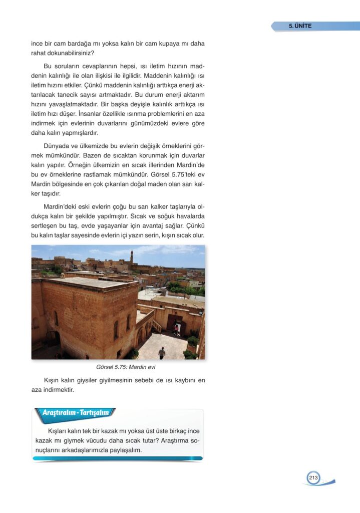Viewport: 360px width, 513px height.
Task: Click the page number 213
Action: click(x=313, y=478)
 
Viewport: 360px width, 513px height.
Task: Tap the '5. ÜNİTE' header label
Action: click(x=300, y=26)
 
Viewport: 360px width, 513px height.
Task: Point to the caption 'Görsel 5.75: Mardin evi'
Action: click(x=126, y=367)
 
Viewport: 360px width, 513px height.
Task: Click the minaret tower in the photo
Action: click(x=132, y=257)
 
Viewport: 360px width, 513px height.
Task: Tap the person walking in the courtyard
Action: click(x=162, y=352)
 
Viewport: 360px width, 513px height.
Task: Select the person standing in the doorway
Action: click(x=175, y=328)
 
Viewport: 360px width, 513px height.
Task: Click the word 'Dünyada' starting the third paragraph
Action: click(x=57, y=146)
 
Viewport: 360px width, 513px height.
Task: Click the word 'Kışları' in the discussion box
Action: click(x=59, y=431)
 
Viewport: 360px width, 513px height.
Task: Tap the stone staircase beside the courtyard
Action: click(x=157, y=326)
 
